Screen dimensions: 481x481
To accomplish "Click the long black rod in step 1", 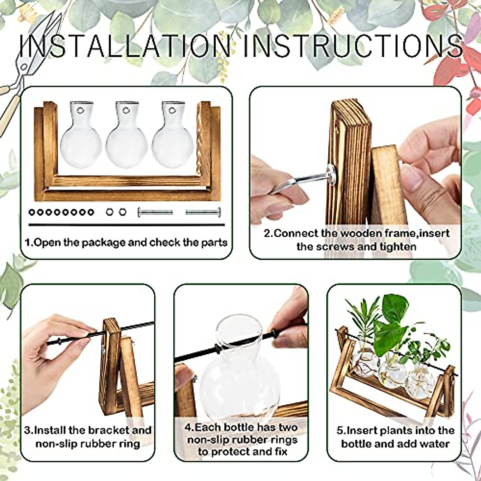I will pyautogui.click(x=126, y=225).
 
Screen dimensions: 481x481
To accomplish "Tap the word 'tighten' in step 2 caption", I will pyautogui.click(x=397, y=246).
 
